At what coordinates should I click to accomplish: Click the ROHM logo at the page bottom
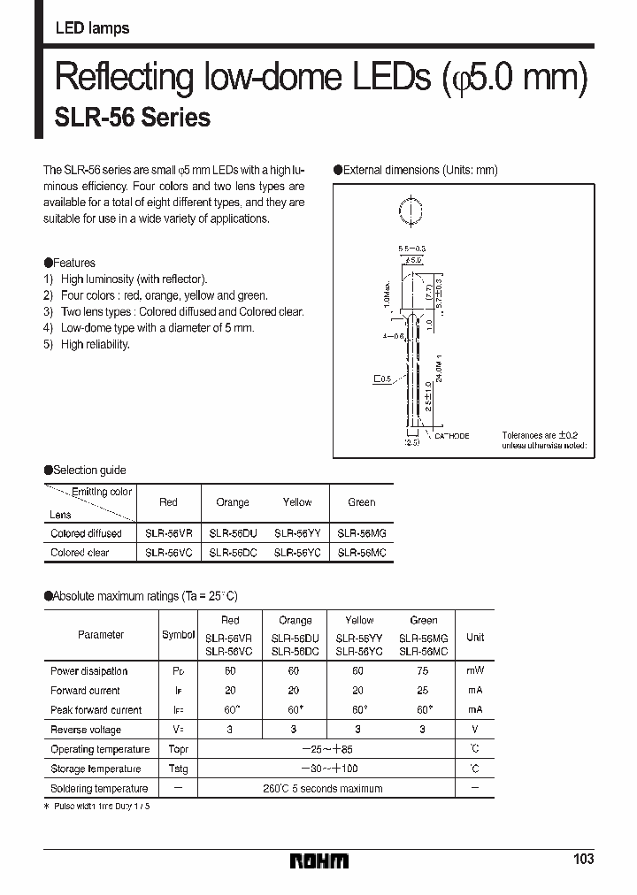click(319, 860)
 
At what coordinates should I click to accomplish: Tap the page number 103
click(582, 859)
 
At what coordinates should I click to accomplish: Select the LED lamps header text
click(92, 28)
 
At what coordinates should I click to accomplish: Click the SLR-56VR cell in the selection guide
click(168, 534)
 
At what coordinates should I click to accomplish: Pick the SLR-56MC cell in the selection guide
click(361, 553)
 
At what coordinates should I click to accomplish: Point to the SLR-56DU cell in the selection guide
click(233, 534)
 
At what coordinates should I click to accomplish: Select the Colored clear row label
click(80, 553)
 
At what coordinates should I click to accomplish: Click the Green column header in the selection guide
click(361, 502)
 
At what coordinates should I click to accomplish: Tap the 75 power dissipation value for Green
click(424, 671)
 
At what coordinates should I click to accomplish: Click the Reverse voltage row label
click(86, 730)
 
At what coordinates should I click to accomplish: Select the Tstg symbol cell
click(178, 769)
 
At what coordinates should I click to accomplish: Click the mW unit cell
click(475, 671)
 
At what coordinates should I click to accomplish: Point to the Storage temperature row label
click(96, 769)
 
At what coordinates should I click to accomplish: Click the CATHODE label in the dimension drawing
click(451, 436)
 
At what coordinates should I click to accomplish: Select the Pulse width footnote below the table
click(97, 807)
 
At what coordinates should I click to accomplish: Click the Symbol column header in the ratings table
click(178, 635)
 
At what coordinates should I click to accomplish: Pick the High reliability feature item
click(95, 344)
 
